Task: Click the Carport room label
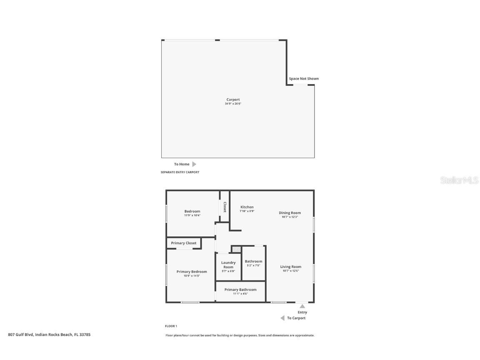click(x=233, y=100)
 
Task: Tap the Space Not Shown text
click(x=304, y=79)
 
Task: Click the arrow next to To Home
click(x=194, y=164)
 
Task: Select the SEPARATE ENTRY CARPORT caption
click(x=180, y=172)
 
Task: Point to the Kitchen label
click(x=247, y=207)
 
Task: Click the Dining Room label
click(x=290, y=213)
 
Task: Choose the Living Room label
click(x=290, y=267)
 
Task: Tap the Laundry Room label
click(x=228, y=265)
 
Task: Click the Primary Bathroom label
click(x=240, y=290)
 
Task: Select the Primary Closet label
click(x=183, y=243)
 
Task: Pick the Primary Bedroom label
click(x=192, y=272)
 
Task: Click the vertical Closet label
click(x=225, y=207)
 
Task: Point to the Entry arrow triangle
click(x=302, y=306)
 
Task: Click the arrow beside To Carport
click(x=282, y=318)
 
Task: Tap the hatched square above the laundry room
click(x=236, y=249)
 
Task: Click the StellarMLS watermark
click(x=459, y=180)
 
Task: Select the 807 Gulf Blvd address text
click(x=49, y=334)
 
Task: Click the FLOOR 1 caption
click(x=171, y=326)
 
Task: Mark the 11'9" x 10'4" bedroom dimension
click(x=192, y=215)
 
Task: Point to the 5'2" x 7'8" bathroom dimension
click(x=253, y=265)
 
